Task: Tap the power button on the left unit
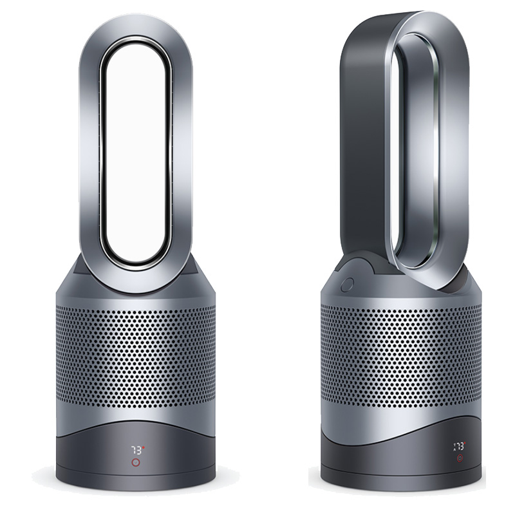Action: tap(136, 462)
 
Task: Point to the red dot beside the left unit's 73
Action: tap(144, 446)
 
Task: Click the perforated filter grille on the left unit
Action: tap(136, 367)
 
